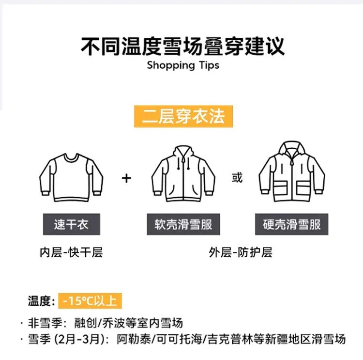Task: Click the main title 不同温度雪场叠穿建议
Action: click(182, 47)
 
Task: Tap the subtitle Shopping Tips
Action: click(183, 65)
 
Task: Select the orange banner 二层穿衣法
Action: click(183, 116)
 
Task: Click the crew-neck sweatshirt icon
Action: click(71, 177)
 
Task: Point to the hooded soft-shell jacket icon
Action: click(183, 173)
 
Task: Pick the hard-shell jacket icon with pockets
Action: click(292, 172)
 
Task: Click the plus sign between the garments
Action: click(126, 178)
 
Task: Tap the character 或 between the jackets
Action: click(237, 178)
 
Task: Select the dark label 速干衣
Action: click(72, 224)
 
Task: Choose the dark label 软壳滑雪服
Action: click(183, 224)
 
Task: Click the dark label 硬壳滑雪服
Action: click(292, 224)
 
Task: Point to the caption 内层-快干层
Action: click(71, 252)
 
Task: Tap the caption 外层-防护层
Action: click(241, 252)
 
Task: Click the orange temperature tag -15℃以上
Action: click(90, 301)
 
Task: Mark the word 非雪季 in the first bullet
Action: click(45, 323)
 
